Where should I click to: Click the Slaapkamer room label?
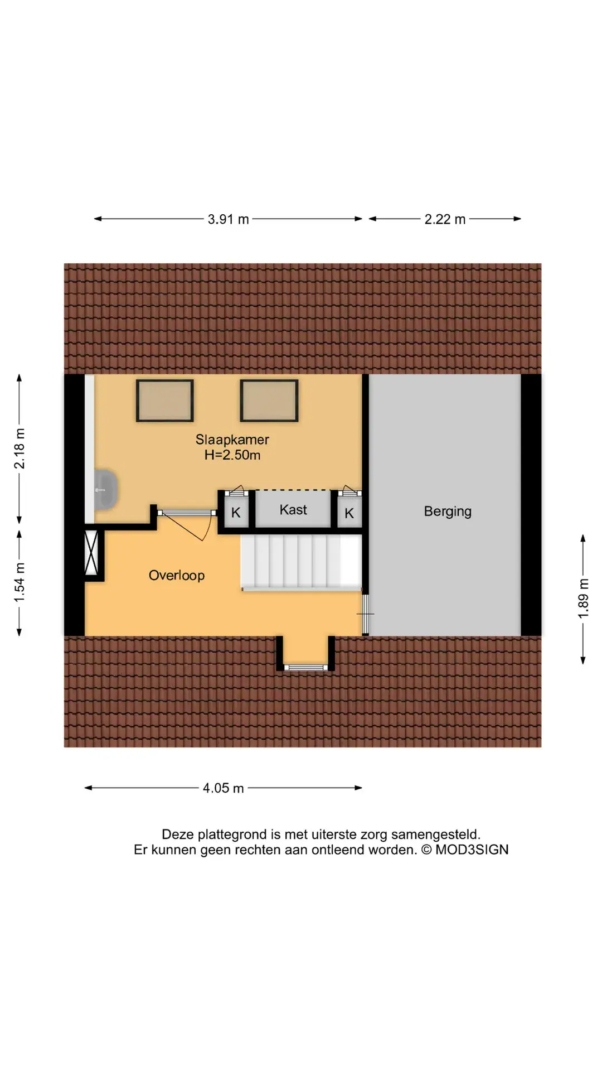(232, 440)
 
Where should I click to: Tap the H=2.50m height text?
(232, 455)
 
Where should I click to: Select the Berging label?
(448, 512)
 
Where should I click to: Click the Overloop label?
(176, 575)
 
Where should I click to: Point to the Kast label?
(293, 510)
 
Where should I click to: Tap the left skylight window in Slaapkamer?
(165, 401)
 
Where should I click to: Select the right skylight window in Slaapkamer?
(269, 401)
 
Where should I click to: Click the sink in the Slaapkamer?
(106, 490)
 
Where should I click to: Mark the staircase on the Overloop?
(301, 562)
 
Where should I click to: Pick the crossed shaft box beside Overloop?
(91, 552)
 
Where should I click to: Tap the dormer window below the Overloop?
(305, 667)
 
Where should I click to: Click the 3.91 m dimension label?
(229, 219)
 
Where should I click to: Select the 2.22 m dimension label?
(445, 219)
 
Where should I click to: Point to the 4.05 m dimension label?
(223, 788)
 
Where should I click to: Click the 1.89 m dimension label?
(583, 599)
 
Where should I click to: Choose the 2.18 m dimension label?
(20, 448)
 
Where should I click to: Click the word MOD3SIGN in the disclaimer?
(472, 850)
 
